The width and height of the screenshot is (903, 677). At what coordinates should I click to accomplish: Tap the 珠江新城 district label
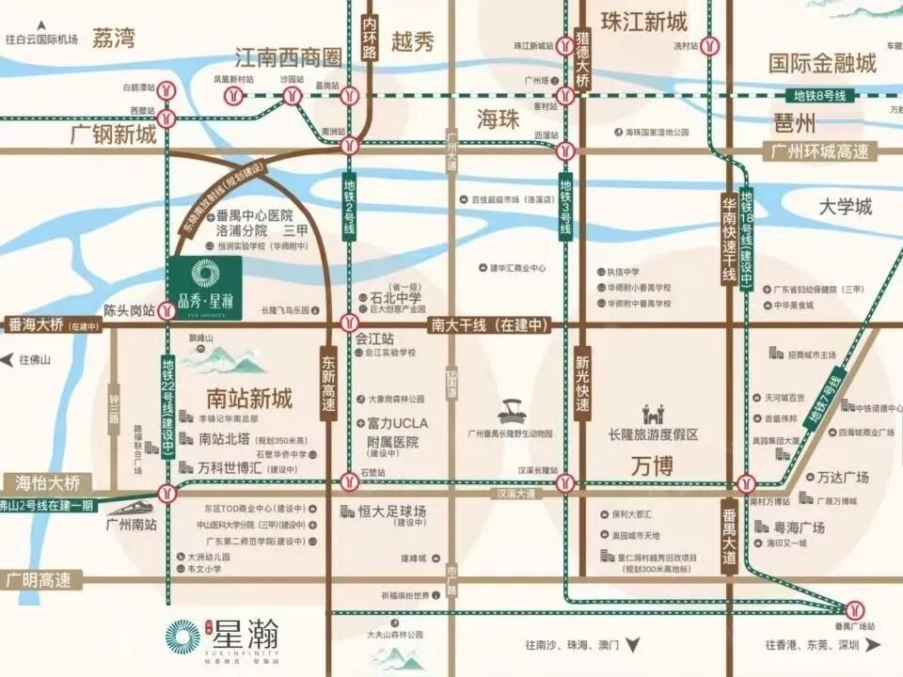(644, 22)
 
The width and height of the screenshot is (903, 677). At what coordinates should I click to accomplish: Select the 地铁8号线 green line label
(817, 96)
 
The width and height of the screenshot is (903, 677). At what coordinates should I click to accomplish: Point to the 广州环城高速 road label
(819, 151)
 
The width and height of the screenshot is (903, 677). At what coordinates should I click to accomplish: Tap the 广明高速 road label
(40, 579)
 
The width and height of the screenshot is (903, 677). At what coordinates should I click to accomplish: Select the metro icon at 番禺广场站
(854, 607)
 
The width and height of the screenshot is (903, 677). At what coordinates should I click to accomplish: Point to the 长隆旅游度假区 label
(654, 434)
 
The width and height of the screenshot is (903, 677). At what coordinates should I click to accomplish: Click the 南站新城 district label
(248, 399)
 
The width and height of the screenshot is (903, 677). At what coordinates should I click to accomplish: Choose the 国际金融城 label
(822, 63)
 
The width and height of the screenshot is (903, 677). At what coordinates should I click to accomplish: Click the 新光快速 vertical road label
(582, 382)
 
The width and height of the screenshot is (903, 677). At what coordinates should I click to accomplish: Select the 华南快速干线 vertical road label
(727, 239)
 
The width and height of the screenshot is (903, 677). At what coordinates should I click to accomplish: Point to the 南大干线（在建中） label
(488, 325)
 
